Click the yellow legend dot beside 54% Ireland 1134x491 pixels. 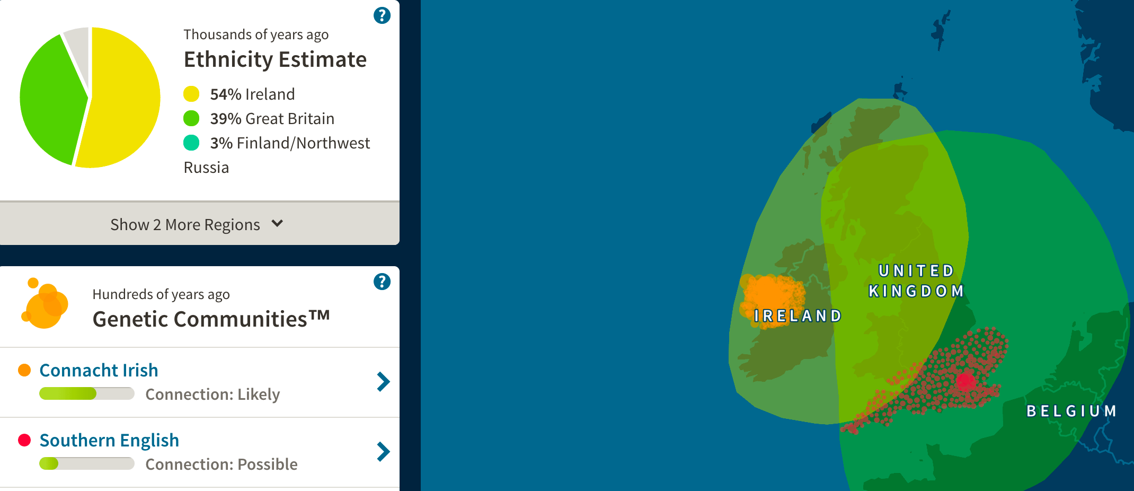191,94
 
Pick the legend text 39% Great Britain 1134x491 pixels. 272,118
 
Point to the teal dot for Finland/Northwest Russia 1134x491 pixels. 191,143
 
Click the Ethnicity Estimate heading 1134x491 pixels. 275,59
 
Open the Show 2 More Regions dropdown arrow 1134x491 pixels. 277,223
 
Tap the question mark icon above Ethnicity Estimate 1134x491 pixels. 382,15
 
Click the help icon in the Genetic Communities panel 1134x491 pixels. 382,282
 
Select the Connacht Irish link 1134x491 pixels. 99,370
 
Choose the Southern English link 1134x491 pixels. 109,440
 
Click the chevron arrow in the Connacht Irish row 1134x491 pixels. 383,382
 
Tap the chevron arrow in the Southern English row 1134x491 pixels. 383,452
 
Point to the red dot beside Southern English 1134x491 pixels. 24,440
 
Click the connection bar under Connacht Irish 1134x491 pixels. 87,393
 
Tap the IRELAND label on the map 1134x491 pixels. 798,316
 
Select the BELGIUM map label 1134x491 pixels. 1071,411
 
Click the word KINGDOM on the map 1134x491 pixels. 916,291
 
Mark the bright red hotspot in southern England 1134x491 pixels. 965,380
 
